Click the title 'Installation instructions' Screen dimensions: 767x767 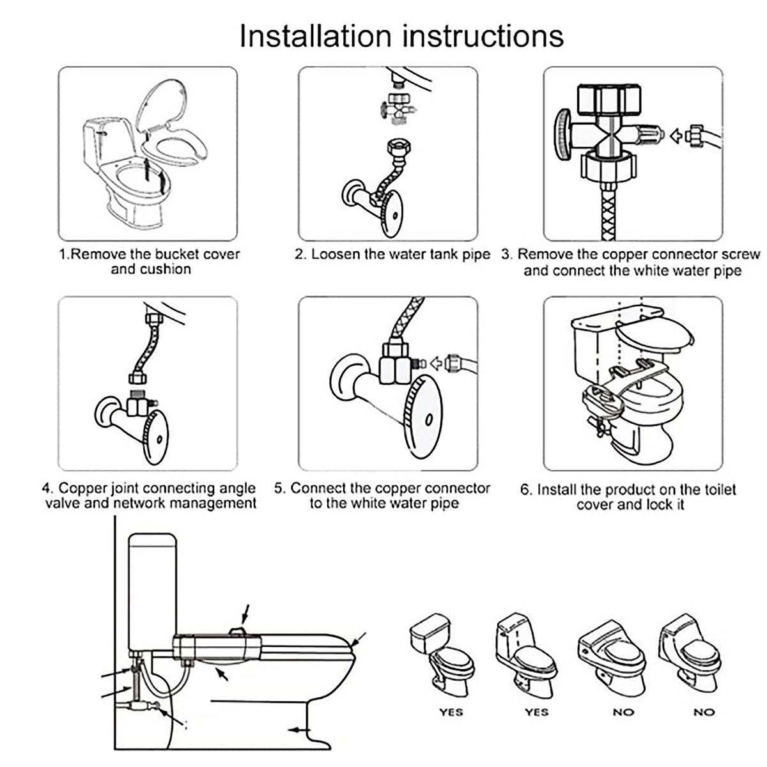click(x=401, y=36)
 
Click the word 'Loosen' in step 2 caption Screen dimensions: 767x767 click(x=336, y=254)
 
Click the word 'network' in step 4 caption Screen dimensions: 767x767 click(x=145, y=504)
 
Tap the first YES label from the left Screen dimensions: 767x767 click(x=451, y=712)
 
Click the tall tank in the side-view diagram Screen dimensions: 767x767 click(x=152, y=592)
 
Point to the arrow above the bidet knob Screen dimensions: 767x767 click(x=245, y=614)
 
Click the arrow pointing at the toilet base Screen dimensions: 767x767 click(x=299, y=729)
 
